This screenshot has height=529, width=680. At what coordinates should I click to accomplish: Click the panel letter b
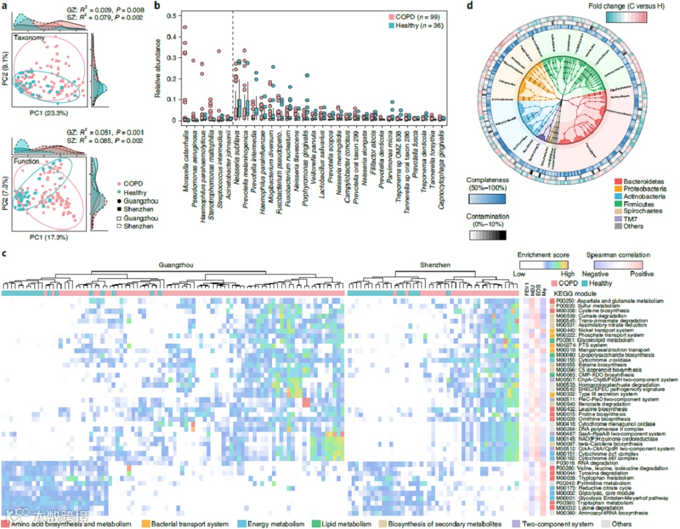pyautogui.click(x=157, y=6)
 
